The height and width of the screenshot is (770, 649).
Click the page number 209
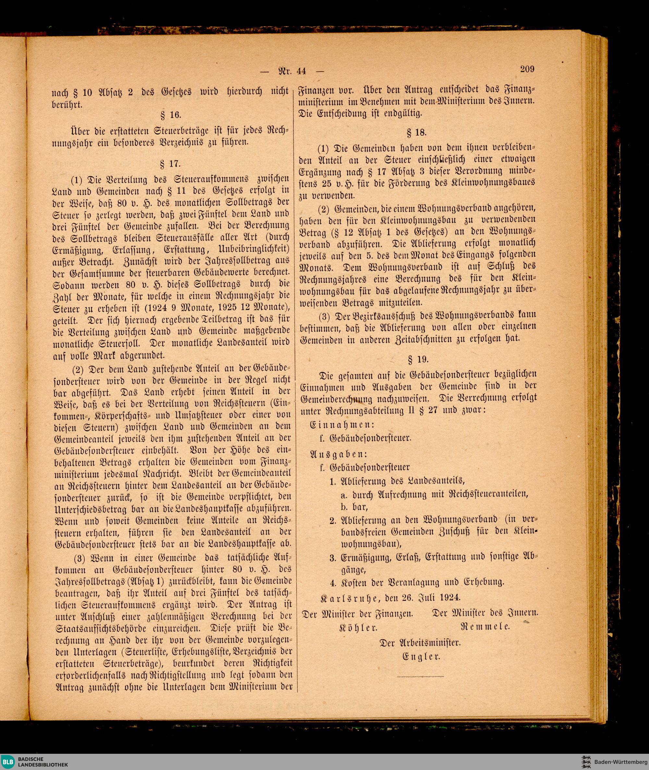click(x=527, y=69)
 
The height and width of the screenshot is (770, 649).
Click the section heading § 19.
click(x=418, y=359)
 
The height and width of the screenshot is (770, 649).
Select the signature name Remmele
click(x=484, y=626)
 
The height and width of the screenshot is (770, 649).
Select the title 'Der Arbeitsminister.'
click(x=420, y=643)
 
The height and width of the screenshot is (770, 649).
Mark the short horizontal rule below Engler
click(x=421, y=676)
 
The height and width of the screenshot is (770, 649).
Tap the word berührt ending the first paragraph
click(x=67, y=104)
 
